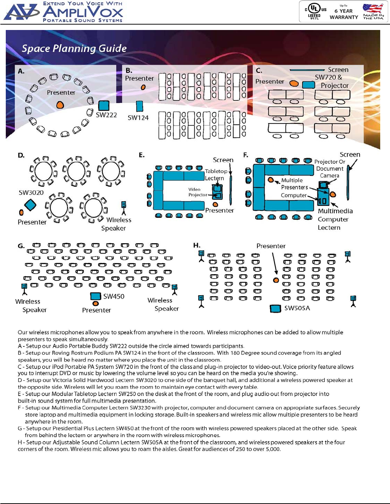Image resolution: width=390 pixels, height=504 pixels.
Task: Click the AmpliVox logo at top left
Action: coord(63,12)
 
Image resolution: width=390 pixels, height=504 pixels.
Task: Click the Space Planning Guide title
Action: coord(74,48)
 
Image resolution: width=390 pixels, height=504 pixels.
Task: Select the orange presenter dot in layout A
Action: coord(60,105)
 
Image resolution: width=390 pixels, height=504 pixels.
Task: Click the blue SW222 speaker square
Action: coord(104,105)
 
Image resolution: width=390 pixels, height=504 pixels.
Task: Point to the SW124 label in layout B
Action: coord(138,118)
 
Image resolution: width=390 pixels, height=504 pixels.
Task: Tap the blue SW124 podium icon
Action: coord(139,106)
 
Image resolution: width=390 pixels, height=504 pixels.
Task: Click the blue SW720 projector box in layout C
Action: coord(308,85)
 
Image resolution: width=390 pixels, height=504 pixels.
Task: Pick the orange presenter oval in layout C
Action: coord(294,83)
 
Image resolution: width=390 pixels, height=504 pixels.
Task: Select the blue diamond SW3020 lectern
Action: coord(30,205)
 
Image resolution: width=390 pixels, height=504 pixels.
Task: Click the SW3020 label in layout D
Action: coord(31,193)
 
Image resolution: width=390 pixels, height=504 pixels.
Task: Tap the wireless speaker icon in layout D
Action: coord(123,207)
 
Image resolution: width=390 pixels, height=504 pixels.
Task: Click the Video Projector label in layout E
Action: coord(197,192)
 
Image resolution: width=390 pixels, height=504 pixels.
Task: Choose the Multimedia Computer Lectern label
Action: coord(335,219)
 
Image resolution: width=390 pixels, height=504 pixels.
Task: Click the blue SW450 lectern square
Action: coord(95,296)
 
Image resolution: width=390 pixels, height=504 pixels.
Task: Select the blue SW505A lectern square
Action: coord(276,308)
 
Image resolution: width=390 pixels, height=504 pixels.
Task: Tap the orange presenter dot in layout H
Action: coord(276,280)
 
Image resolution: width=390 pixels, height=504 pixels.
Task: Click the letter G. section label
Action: coord(21,246)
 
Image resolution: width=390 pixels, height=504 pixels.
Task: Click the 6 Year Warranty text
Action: coord(344,14)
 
